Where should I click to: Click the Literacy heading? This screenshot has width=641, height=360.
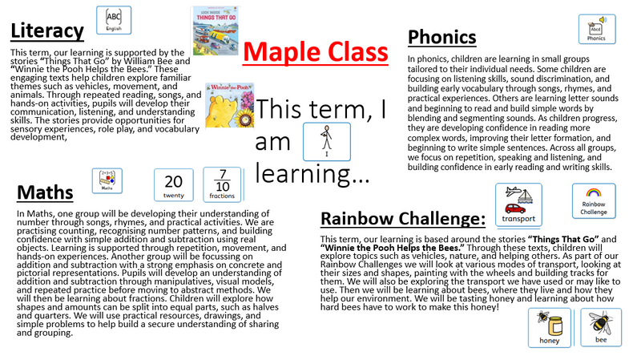(x=47, y=31)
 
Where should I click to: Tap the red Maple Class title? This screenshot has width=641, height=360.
(x=315, y=52)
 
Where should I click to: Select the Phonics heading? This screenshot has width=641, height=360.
(x=442, y=37)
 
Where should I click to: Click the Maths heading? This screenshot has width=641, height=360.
(x=45, y=192)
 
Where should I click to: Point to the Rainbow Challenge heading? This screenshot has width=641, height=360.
(x=403, y=218)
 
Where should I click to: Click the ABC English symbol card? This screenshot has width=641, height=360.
(x=114, y=20)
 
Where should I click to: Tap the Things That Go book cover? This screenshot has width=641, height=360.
(x=216, y=30)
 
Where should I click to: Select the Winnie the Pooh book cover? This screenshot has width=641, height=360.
(x=230, y=105)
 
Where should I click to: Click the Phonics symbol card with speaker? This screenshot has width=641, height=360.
(x=597, y=29)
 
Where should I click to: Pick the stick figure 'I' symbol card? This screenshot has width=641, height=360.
(x=327, y=142)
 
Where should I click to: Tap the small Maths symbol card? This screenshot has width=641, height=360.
(x=107, y=180)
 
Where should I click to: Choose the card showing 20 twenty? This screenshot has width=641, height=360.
(x=174, y=185)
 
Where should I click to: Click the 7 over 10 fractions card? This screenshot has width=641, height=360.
(x=222, y=184)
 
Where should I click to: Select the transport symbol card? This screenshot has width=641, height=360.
(x=518, y=204)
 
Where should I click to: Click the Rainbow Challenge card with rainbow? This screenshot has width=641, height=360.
(x=594, y=201)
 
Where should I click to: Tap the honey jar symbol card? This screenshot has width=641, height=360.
(x=549, y=328)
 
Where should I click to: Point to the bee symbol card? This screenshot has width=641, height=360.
(x=600, y=327)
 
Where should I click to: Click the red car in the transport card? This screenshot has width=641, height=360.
(x=515, y=208)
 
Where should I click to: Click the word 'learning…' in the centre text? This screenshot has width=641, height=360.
(x=312, y=174)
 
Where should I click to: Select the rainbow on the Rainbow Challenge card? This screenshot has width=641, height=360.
(x=594, y=192)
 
